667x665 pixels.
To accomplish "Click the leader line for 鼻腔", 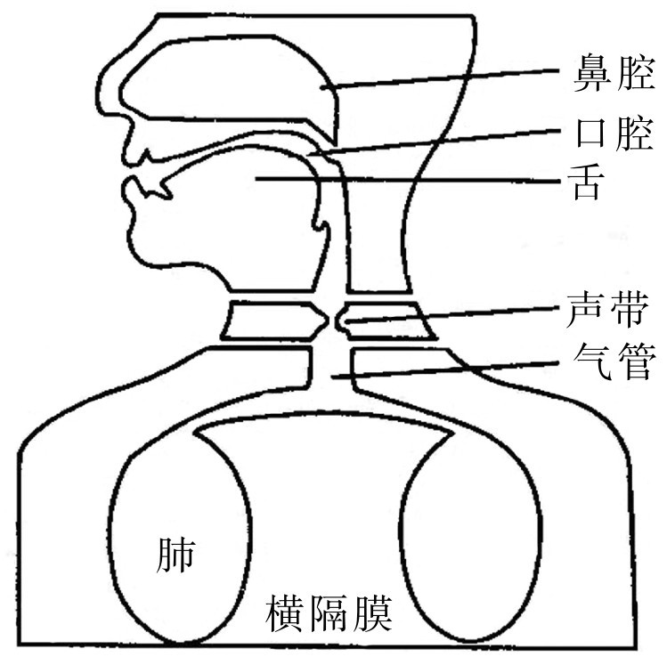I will (x=445, y=78).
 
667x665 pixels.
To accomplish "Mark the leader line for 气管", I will (x=445, y=369).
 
